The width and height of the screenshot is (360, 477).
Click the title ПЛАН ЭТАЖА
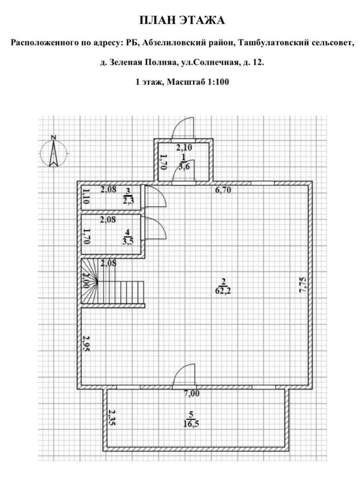pos(182,20)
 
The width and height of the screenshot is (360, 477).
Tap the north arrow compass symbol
pos(54,152)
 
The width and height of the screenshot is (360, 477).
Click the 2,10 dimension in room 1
pos(184,148)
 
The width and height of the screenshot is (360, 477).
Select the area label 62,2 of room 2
pos(224,292)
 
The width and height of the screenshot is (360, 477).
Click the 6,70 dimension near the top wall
pos(223,190)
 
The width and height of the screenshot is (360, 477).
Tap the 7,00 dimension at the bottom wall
pos(191,394)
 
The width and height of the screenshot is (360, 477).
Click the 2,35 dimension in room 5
pos(112,418)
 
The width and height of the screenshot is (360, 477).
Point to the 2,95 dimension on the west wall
pos(86,343)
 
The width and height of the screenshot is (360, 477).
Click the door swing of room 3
pos(156,197)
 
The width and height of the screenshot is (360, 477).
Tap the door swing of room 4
pos(156,228)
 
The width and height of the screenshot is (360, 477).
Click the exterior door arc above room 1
pos(183,128)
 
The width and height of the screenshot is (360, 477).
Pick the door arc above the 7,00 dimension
pos(183,375)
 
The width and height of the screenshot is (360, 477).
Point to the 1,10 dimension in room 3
pos(86,196)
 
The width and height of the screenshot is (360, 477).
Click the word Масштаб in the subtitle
pos(183,82)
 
